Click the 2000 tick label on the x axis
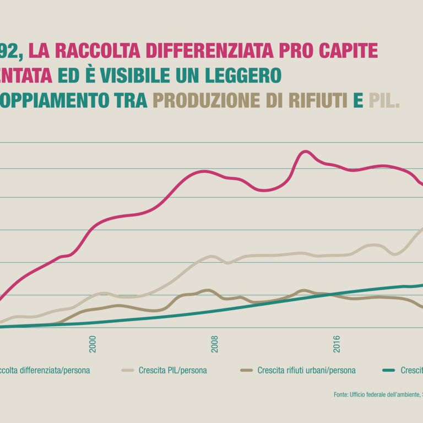coord(92,344)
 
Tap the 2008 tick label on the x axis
coord(214,344)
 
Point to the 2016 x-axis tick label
coord(337,344)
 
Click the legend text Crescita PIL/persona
coord(173,370)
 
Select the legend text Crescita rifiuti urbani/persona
coord(306,370)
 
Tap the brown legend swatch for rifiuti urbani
coord(247,370)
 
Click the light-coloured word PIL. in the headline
coord(384,100)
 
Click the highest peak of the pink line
coord(305,151)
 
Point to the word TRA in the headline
coord(132,100)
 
